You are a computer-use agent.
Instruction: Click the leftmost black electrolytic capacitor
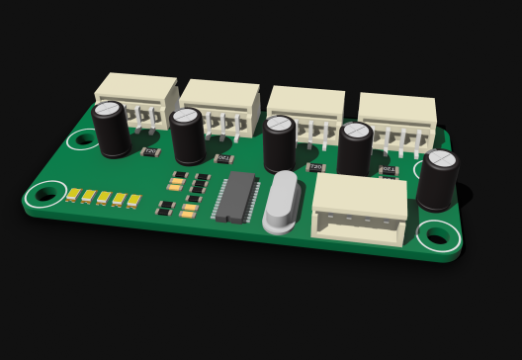pyautogui.click(x=111, y=129)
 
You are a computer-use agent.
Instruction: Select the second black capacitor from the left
pyautogui.click(x=187, y=136)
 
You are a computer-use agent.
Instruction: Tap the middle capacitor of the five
pyautogui.click(x=280, y=144)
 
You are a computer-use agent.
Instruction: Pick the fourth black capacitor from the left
pyautogui.click(x=355, y=150)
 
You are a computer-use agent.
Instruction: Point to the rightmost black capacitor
pyautogui.click(x=437, y=180)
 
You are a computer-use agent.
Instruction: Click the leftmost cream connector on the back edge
pyautogui.click(x=137, y=96)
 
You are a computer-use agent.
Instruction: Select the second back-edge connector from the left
pyautogui.click(x=220, y=104)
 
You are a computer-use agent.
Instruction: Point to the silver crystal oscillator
pyautogui.click(x=282, y=202)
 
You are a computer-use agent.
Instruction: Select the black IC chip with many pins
pyautogui.click(x=235, y=196)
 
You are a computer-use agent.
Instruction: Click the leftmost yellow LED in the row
pyautogui.click(x=73, y=194)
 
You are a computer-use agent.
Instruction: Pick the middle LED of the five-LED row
pyautogui.click(x=104, y=198)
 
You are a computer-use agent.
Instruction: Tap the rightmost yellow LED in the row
pyautogui.click(x=133, y=202)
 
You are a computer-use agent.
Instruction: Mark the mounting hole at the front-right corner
pyautogui.click(x=438, y=235)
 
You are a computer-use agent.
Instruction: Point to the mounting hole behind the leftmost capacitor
pyautogui.click(x=83, y=139)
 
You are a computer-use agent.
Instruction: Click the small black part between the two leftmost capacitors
pyautogui.click(x=150, y=152)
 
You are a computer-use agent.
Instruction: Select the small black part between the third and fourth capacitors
pyautogui.click(x=316, y=167)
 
